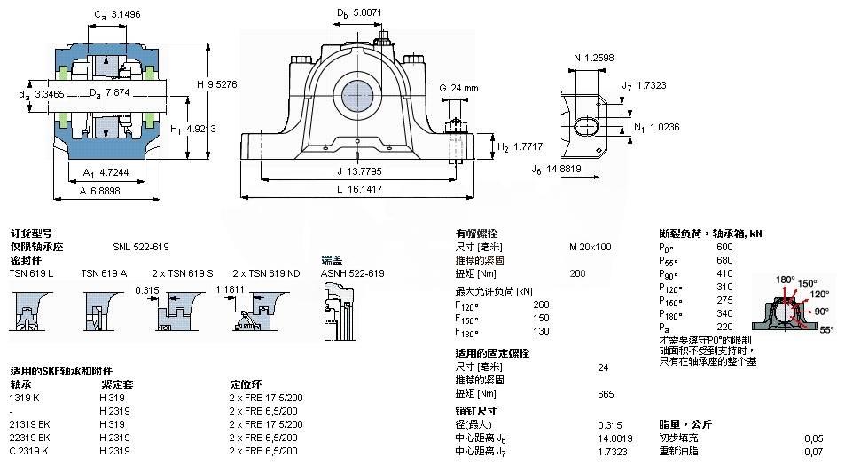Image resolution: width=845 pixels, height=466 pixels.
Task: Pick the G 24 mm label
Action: [458, 88]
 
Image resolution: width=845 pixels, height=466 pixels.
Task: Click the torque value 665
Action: [606, 394]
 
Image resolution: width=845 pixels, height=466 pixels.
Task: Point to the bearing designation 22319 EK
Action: [30, 438]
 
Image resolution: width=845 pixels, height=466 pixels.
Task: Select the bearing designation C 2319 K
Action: [29, 451]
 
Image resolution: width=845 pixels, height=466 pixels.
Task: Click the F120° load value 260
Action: [541, 304]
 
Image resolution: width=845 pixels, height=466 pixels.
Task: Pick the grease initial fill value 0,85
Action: [812, 438]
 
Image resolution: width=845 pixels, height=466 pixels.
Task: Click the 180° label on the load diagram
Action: [786, 280]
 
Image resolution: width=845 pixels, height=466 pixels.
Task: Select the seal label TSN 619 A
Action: [104, 273]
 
